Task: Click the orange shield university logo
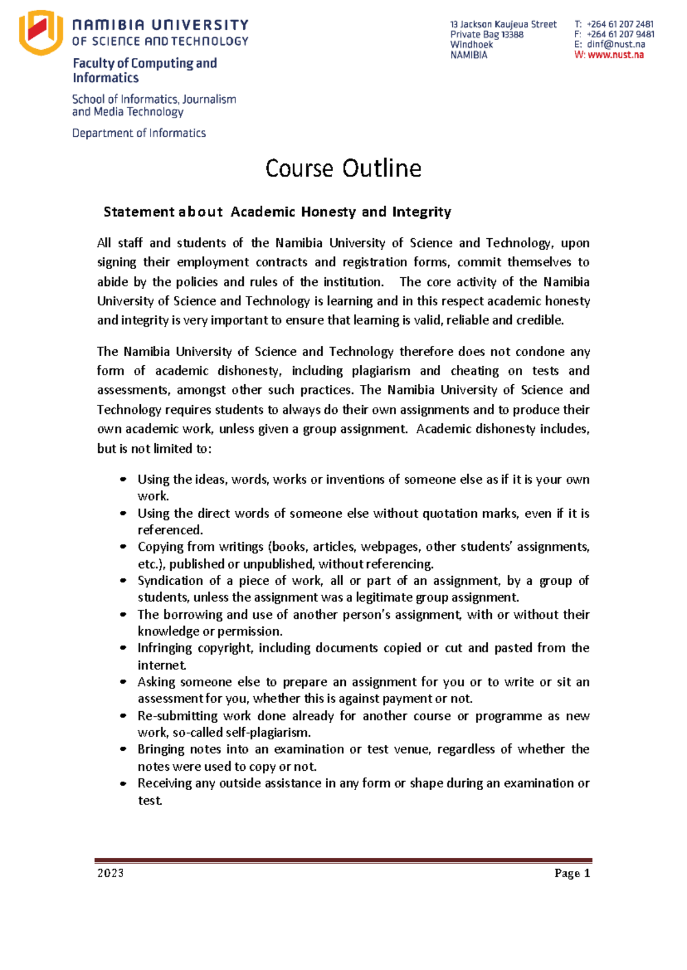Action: coord(40,33)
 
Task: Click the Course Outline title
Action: coord(343,168)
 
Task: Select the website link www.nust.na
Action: coord(615,55)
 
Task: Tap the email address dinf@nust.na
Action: coord(616,45)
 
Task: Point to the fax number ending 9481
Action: coord(620,34)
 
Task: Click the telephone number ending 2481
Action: coord(620,24)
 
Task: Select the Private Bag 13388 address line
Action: coord(487,34)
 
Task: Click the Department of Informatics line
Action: coord(139,133)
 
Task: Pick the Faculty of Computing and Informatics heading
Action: coord(144,70)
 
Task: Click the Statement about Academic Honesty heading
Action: coord(277,212)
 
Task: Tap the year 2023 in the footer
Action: coord(110,873)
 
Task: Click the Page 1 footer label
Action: coord(572,873)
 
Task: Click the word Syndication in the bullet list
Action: coord(170,581)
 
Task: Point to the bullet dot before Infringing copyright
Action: coord(123,648)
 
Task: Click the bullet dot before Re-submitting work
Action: coord(123,716)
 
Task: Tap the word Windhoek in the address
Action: coord(471,45)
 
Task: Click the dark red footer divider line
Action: coord(343,860)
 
